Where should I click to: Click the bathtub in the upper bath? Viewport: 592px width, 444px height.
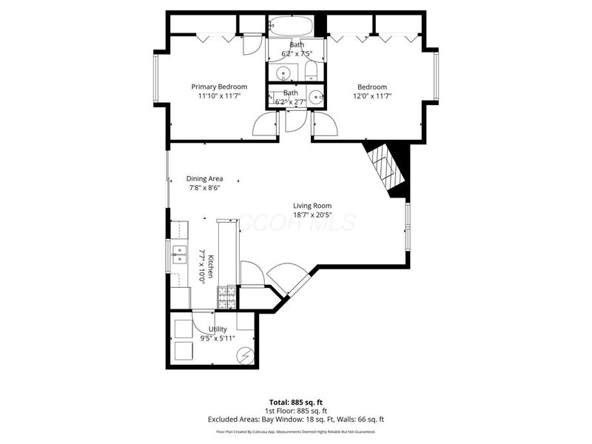pos(290,27)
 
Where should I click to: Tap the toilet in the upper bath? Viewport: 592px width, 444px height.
pos(311,72)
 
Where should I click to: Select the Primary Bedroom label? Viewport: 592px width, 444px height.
pos(219,87)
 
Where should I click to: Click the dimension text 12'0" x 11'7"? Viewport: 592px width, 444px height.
pos(371,96)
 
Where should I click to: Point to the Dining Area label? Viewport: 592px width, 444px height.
pos(204,178)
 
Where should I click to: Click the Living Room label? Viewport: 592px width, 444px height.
pos(312,206)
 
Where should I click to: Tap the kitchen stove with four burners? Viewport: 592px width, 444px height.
pos(226,297)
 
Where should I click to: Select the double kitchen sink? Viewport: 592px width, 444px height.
pos(178,256)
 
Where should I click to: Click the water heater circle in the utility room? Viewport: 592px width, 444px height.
pos(244,357)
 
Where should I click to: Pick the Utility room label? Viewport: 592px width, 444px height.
pos(218,329)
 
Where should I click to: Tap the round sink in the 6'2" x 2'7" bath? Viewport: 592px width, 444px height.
pos(316,98)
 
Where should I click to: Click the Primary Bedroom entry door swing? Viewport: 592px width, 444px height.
pos(266,125)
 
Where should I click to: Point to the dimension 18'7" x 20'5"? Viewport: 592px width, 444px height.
pos(312,215)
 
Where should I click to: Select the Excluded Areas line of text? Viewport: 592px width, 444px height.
pos(296,419)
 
